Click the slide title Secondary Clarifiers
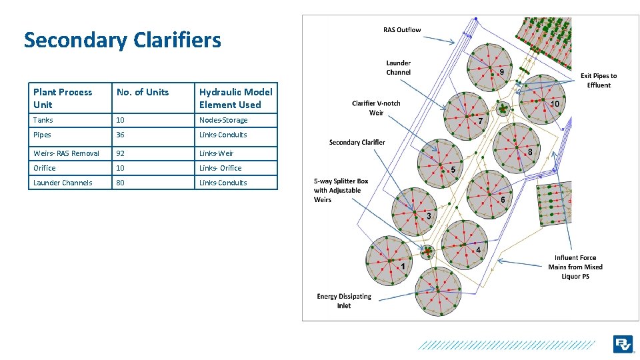click(122, 40)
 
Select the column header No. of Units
click(143, 92)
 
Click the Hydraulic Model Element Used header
click(235, 98)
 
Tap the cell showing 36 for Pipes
click(121, 135)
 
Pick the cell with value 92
click(121, 153)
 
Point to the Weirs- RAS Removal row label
click(66, 153)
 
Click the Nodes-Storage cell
click(223, 120)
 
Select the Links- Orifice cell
click(220, 168)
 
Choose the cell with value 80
click(121, 183)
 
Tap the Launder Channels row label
click(63, 183)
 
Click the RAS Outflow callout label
click(402, 30)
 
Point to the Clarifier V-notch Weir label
click(376, 108)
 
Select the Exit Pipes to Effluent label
click(599, 81)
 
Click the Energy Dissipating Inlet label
click(344, 301)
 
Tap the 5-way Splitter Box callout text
click(341, 190)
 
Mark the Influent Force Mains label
click(575, 267)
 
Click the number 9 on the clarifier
click(501, 71)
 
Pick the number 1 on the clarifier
click(403, 266)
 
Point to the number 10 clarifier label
click(554, 103)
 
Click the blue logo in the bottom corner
click(623, 344)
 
